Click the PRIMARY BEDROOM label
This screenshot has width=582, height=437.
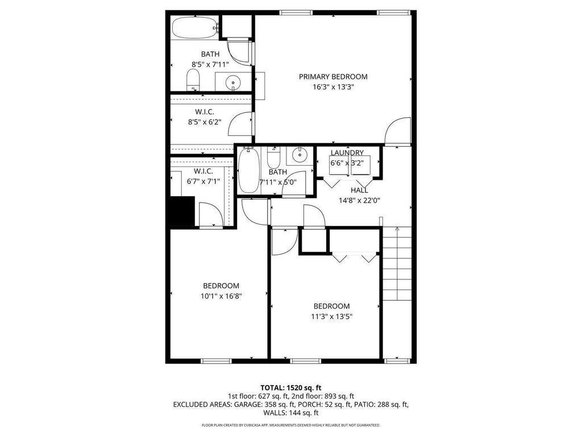pos(333,77)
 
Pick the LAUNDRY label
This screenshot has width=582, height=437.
pos(347,153)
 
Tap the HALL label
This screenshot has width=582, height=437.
pos(359,190)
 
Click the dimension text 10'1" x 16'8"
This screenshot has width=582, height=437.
pos(221,296)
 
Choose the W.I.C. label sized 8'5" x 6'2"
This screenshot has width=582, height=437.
pos(204,112)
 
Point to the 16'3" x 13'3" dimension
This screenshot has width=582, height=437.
pos(333,88)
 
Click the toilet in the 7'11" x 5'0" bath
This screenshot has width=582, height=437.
pos(274,156)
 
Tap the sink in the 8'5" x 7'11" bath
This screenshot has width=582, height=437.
pos(234,83)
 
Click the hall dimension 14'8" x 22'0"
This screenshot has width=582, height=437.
pos(359,200)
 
